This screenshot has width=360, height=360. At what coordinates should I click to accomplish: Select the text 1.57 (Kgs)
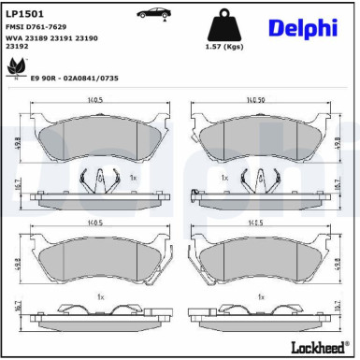coord(224,46)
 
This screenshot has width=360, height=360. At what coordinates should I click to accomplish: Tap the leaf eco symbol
coord(16,65)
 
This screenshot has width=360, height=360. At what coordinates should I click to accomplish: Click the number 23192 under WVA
coord(15,45)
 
